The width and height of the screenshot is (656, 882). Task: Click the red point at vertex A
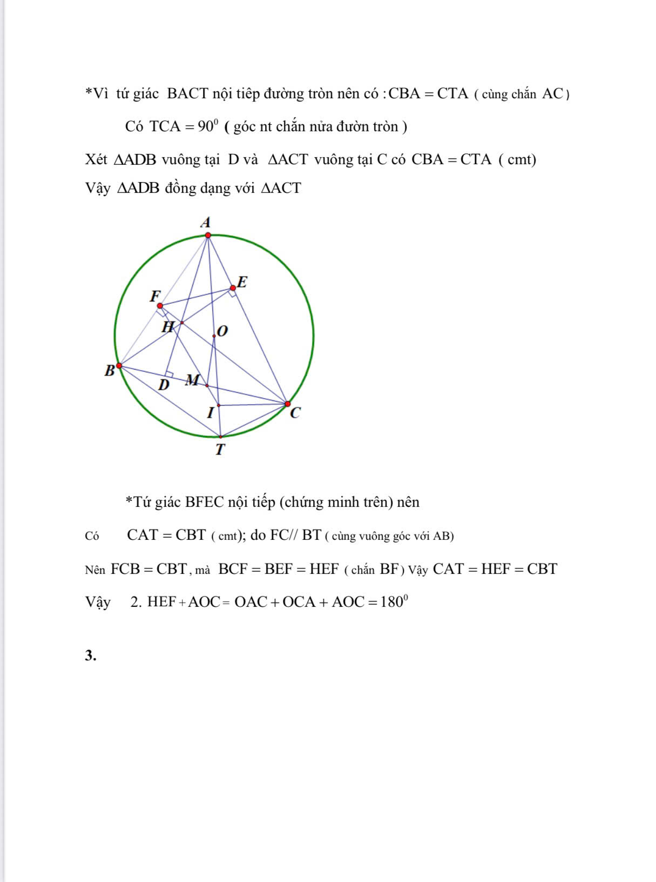208,235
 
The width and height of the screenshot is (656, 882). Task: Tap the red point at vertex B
119,366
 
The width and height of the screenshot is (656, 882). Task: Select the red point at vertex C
287,404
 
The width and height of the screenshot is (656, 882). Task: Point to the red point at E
233,288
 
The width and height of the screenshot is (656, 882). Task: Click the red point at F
160,305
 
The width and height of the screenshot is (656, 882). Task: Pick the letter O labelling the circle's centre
222,331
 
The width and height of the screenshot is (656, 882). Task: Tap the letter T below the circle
220,450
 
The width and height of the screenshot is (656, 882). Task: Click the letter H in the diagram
168,327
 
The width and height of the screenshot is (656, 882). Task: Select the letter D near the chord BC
164,385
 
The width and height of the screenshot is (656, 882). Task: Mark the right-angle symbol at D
170,373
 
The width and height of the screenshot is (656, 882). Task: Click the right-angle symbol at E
232,293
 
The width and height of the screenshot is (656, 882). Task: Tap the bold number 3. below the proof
91,656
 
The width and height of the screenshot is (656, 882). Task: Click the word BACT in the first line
187,93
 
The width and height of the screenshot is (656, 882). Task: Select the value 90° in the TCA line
208,126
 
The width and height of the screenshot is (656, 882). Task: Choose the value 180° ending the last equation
394,602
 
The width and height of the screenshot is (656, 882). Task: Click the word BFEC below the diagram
204,502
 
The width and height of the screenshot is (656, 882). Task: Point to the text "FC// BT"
295,535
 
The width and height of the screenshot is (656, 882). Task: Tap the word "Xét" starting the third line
96,159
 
